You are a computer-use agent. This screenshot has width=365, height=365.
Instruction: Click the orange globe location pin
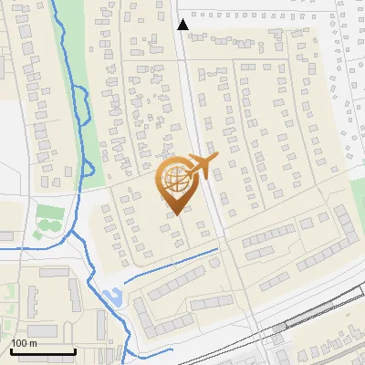176,182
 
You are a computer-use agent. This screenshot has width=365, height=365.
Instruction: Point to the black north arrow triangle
183,25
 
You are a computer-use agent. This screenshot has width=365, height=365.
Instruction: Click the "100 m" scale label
25,343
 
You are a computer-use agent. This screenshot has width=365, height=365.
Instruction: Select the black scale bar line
43,351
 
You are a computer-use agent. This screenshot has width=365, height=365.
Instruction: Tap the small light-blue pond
113,297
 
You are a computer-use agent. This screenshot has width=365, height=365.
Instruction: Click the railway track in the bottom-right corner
328,305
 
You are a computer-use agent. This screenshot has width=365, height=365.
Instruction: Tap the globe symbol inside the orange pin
175,178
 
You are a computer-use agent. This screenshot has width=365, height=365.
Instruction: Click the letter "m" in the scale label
32,343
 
